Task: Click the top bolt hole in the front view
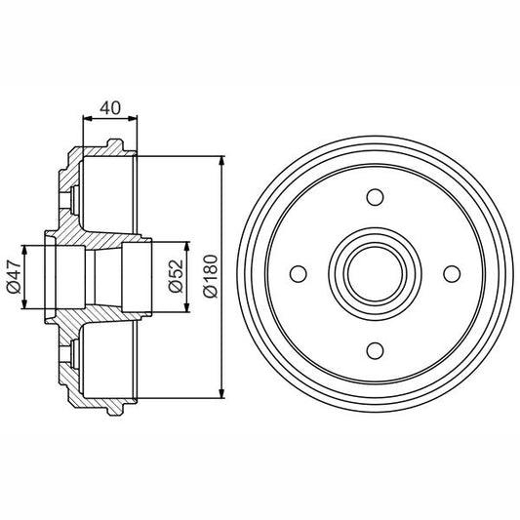pos(374,198)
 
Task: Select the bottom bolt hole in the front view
pos(374,349)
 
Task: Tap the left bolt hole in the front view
pos(299,274)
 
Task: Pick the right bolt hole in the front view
pos(450,274)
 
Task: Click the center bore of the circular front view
pos(374,274)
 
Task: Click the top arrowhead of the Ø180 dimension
pos(224,159)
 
